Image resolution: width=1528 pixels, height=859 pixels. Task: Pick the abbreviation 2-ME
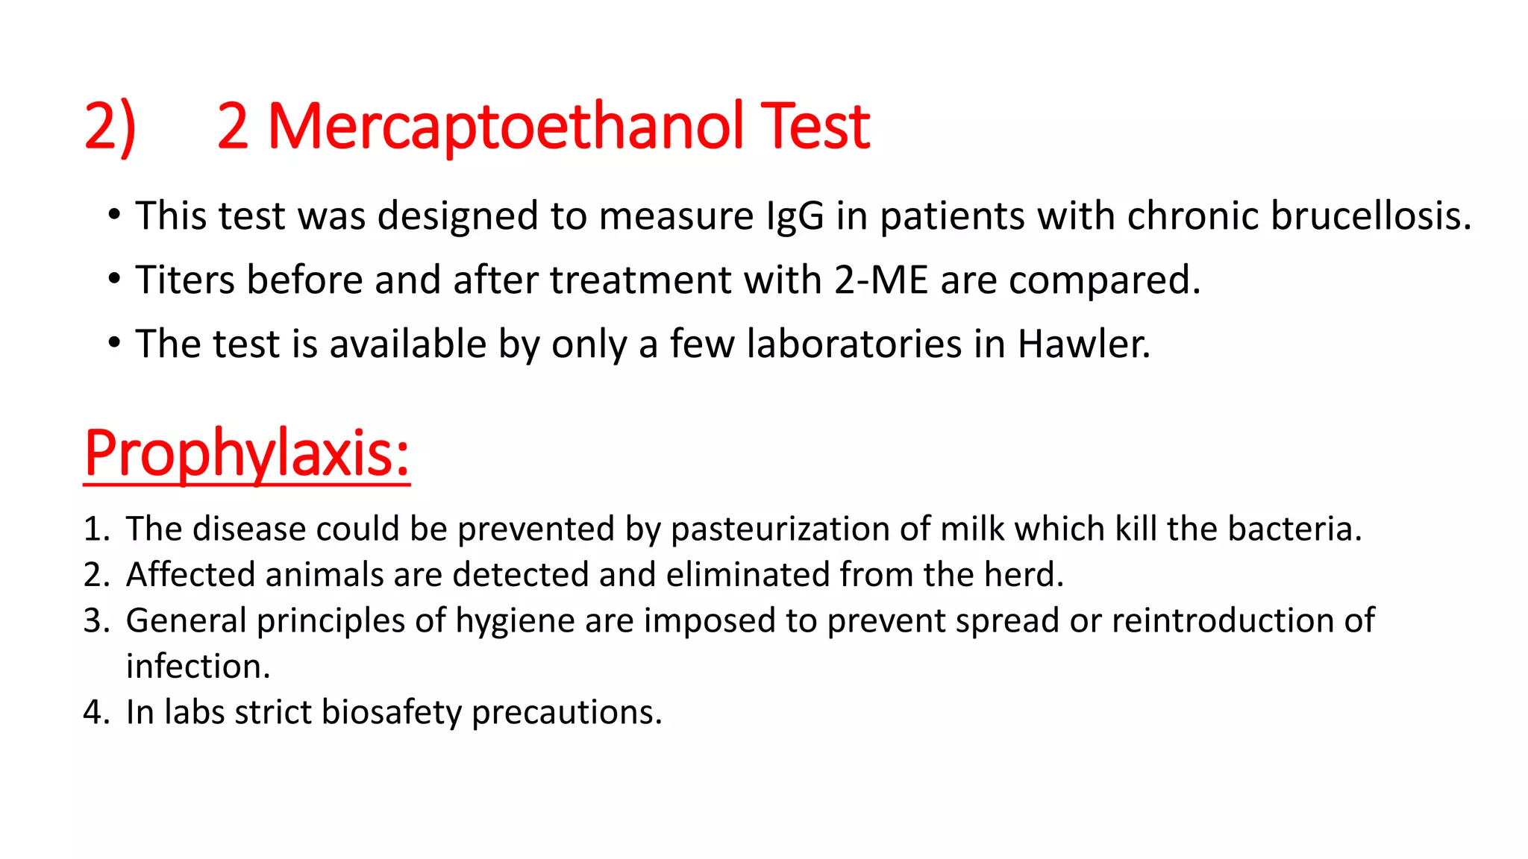click(880, 280)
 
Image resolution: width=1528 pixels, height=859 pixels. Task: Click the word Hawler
click(1083, 344)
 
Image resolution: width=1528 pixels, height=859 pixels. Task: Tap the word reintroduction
click(1222, 621)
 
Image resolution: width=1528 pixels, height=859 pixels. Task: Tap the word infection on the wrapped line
click(198, 667)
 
